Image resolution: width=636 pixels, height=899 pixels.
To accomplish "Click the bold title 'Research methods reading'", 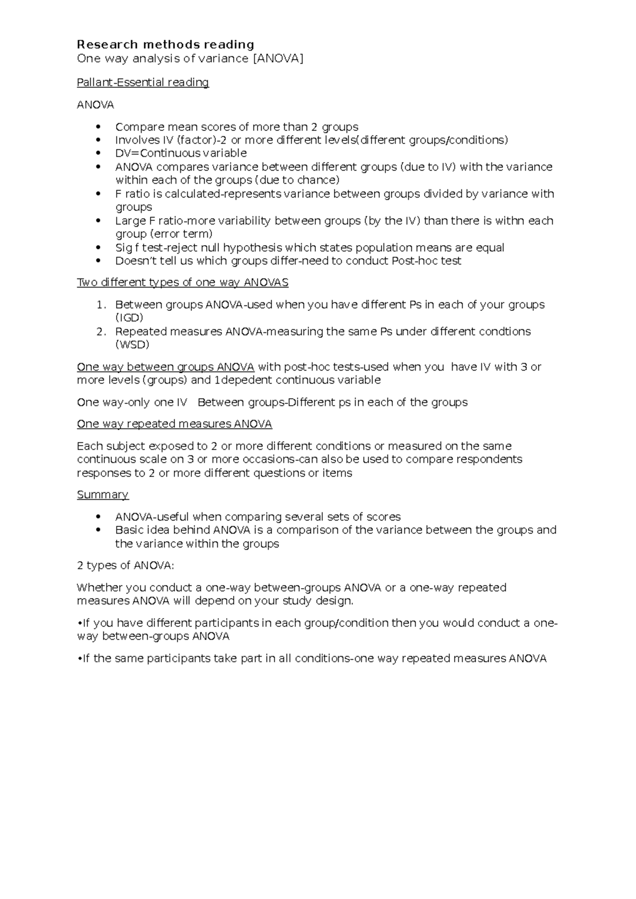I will (x=165, y=44).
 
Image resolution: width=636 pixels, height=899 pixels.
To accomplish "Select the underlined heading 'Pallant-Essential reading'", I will (x=143, y=83).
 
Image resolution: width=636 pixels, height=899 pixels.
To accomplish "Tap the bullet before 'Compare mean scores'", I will (x=98, y=127).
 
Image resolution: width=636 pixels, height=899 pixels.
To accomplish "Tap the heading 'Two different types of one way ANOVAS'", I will (x=182, y=283).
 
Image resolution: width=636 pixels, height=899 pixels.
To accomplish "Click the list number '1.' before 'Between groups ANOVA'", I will (x=101, y=305).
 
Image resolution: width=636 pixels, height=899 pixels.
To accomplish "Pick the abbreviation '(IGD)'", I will (x=129, y=318).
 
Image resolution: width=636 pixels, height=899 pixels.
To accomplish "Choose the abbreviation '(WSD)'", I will (x=132, y=345).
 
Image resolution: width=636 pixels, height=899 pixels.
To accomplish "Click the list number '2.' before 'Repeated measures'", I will (x=101, y=332).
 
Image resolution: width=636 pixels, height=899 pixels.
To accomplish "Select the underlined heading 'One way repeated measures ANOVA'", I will (x=174, y=424).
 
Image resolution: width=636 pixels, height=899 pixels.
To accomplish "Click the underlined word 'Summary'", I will (x=102, y=495).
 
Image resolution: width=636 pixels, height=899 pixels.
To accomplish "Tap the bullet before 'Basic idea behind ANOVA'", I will (x=98, y=531).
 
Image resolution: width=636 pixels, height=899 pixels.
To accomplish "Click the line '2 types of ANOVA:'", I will (x=125, y=565).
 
